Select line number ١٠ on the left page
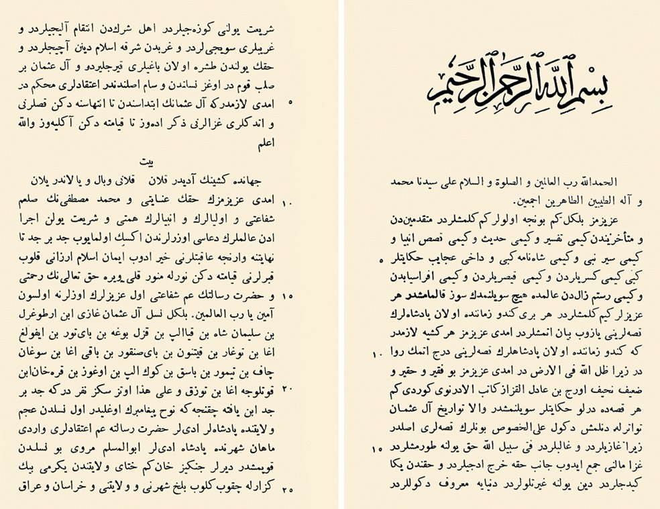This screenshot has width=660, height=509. pyautogui.click(x=288, y=201)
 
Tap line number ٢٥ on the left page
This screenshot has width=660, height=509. pyautogui.click(x=288, y=489)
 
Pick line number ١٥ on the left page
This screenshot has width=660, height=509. pyautogui.click(x=288, y=295)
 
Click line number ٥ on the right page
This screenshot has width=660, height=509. pyautogui.click(x=381, y=259)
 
